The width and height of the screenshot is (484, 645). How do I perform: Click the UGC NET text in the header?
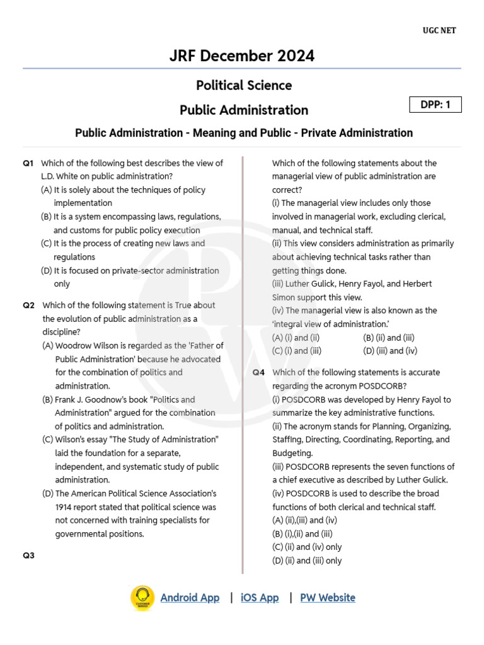coord(439,30)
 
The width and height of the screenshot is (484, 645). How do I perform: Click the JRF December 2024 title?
coord(242,56)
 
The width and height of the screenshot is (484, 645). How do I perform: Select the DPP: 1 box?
coord(435,105)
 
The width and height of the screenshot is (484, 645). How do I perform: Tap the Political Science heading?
coord(244,85)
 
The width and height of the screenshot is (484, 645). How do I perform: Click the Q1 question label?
coord(28,163)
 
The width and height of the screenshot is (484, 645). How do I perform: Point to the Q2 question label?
coord(28,305)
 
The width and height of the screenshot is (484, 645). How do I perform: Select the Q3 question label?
coord(28,556)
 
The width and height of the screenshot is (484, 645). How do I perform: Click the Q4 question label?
coord(259,372)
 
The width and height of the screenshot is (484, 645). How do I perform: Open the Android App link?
coord(190,598)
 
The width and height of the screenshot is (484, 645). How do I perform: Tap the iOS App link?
coord(260,598)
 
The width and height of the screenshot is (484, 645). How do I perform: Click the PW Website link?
coord(327,598)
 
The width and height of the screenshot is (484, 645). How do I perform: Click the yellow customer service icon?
coord(142,598)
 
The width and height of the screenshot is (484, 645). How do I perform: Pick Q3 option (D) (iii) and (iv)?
coord(390,351)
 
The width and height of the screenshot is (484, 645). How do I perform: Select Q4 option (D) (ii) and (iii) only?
coord(307,561)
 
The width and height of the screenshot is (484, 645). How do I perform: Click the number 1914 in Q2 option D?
coord(65,507)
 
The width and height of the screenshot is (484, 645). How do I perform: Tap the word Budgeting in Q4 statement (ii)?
coord(293,453)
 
